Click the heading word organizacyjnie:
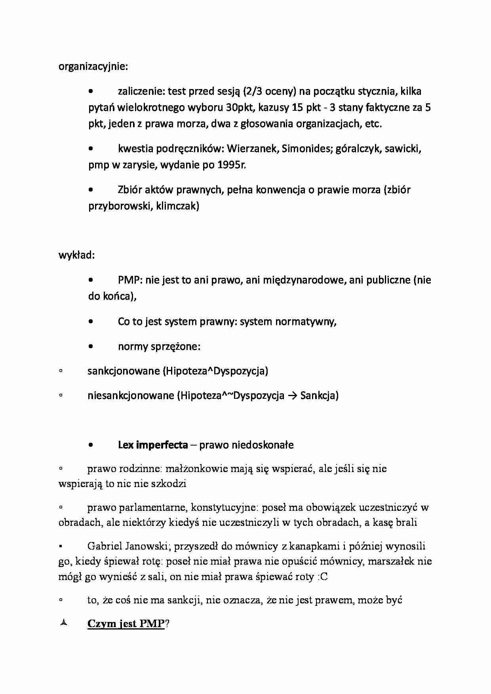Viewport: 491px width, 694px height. point(93,66)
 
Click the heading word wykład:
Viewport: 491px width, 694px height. point(76,255)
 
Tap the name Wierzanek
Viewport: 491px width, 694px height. point(252,149)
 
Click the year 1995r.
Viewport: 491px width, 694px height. point(231,165)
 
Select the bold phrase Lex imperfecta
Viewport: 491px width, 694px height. point(152,445)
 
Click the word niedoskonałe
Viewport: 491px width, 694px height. point(246,445)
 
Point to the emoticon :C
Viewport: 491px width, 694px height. point(322,577)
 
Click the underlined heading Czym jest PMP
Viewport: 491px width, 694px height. point(126,624)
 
